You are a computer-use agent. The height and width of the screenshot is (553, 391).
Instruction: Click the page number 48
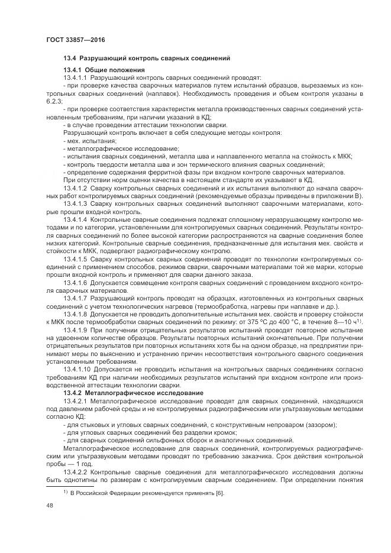[50, 506]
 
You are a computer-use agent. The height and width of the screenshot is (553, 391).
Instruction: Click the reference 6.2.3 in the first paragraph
[54, 101]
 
